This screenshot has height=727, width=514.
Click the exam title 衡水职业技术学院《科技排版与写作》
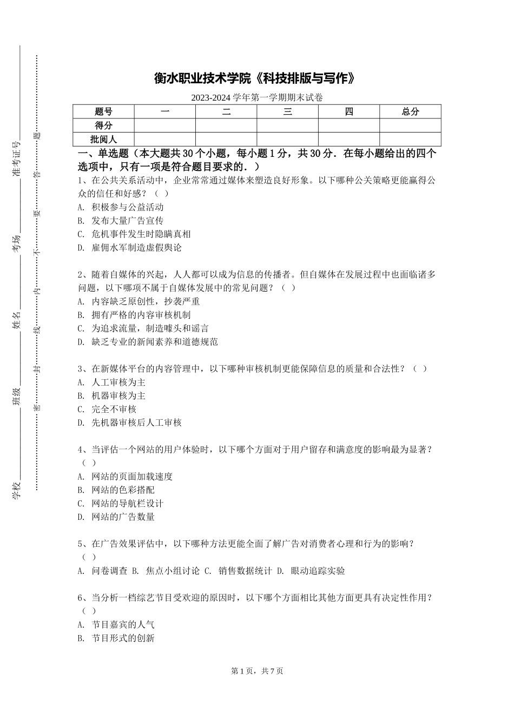[256, 79]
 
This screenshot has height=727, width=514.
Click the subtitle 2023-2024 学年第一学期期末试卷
[256, 98]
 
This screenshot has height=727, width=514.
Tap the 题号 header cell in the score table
[103, 112]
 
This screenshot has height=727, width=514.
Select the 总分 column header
[410, 112]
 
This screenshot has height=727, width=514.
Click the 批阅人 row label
[103, 140]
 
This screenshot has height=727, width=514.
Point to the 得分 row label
[103, 125]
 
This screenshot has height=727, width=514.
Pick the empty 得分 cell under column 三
[287, 125]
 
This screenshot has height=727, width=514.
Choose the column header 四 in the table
[349, 112]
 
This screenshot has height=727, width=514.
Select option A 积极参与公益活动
[127, 207]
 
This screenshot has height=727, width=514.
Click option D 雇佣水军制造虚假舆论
[136, 248]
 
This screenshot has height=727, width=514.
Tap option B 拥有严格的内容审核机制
[141, 315]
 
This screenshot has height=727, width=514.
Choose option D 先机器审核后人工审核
[136, 422]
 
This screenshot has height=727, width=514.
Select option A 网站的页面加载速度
[132, 477]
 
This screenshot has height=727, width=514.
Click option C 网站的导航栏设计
[127, 504]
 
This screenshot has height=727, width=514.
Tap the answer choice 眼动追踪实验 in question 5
[318, 571]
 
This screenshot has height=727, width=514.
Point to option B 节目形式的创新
[123, 638]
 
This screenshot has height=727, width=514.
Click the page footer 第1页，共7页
[257, 671]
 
